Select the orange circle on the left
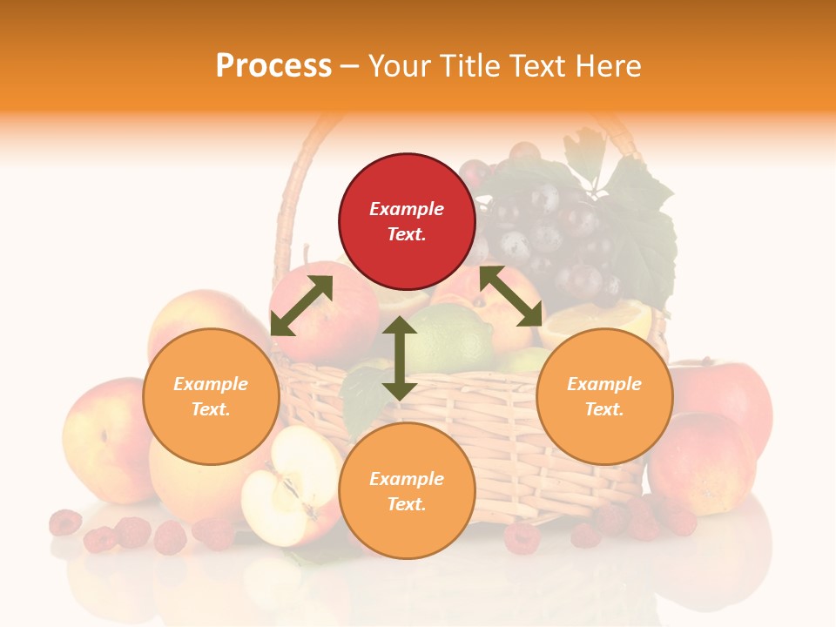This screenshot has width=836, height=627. tap(211, 396)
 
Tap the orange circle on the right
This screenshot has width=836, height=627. tap(604, 396)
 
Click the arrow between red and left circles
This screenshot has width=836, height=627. tap(301, 305)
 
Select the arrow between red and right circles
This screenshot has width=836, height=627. tap(511, 296)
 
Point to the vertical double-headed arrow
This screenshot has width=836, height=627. tap(400, 358)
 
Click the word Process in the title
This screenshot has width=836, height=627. tap(273, 65)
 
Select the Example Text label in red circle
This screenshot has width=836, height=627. tap(407, 221)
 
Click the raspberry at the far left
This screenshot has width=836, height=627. tap(64, 522)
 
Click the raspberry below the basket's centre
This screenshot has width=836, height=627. tap(522, 537)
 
